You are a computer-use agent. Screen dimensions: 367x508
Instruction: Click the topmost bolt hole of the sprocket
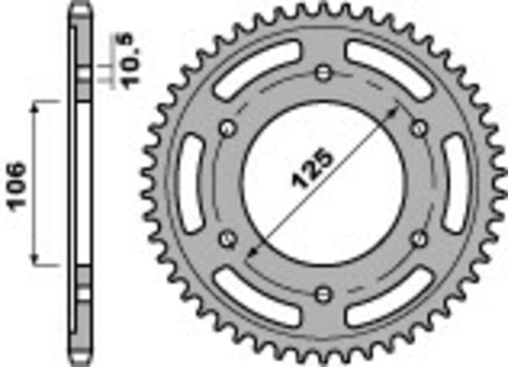(324, 71)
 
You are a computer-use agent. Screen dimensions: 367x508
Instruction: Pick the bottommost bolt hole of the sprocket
(324, 293)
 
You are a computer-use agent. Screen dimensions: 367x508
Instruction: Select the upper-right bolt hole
(419, 127)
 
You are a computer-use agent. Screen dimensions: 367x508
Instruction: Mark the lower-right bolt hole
(418, 238)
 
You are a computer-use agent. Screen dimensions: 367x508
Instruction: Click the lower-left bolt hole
(227, 238)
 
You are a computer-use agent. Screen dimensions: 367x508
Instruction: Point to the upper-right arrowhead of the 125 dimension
(398, 109)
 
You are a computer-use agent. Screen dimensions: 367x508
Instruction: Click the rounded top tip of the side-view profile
(78, 8)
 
